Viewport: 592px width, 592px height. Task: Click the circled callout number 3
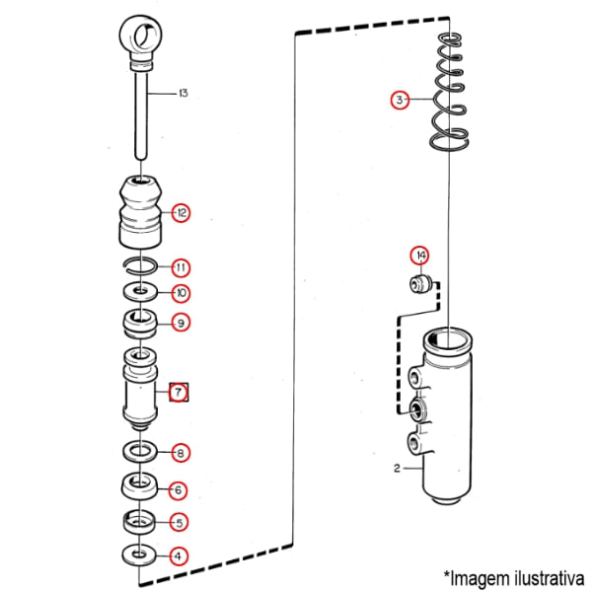[x=399, y=100]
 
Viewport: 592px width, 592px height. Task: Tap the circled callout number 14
[x=420, y=257]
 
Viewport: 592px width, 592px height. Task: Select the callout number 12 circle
[x=182, y=212]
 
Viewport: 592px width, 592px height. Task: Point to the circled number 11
[x=181, y=267]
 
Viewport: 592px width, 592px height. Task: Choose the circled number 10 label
[x=181, y=293]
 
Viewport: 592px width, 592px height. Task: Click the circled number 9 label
[x=181, y=322]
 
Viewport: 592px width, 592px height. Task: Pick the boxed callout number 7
[x=180, y=393]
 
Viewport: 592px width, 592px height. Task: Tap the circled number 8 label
[x=181, y=454]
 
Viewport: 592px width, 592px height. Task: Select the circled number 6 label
[x=180, y=489]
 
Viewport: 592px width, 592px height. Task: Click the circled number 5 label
[x=180, y=522]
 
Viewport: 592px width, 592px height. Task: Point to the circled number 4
[x=179, y=555]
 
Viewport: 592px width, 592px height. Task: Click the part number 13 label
[x=183, y=94]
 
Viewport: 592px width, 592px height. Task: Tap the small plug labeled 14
[x=420, y=286]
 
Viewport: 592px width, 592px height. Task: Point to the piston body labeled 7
[x=141, y=393]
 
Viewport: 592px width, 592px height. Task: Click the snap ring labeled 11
[x=140, y=263]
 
